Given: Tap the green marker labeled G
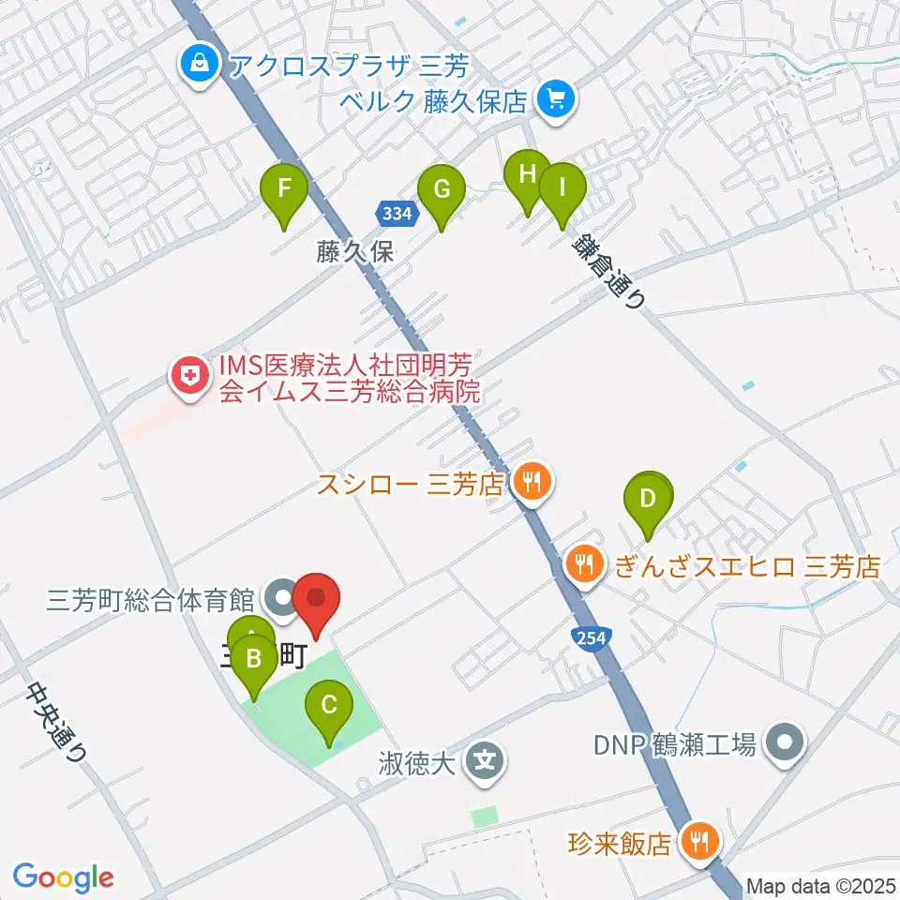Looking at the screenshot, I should pyautogui.click(x=441, y=190).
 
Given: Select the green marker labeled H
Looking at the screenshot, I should pyautogui.click(x=527, y=175).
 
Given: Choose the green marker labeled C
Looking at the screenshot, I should pyautogui.click(x=329, y=705).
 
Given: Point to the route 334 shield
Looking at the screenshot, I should pyautogui.click(x=397, y=214).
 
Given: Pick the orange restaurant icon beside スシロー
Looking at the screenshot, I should pyautogui.click(x=532, y=485).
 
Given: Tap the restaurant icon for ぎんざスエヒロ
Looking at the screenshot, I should pyautogui.click(x=586, y=564).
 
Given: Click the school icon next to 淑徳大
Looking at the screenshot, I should pyautogui.click(x=486, y=756).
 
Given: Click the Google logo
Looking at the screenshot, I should pyautogui.click(x=64, y=877).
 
